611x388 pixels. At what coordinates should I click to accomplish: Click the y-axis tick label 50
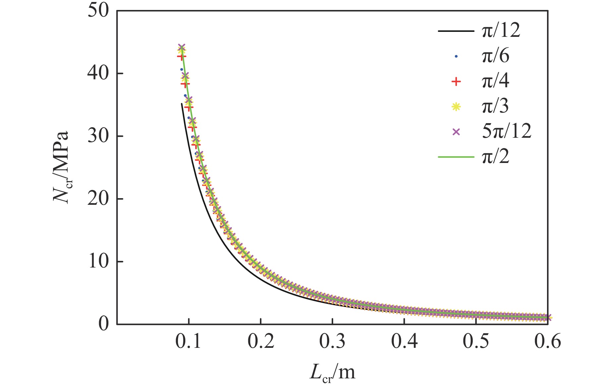[98, 11]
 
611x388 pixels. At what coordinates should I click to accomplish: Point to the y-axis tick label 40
[98, 73]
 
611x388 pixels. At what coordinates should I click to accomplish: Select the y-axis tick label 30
[98, 136]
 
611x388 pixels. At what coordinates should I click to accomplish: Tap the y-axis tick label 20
[98, 199]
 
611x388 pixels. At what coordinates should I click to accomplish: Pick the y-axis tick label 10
[98, 262]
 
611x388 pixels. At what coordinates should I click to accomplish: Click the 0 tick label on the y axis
[103, 324]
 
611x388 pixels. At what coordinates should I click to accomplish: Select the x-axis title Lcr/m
[333, 373]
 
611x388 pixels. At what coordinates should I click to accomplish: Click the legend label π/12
[501, 31]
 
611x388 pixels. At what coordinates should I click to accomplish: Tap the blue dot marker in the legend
[456, 56]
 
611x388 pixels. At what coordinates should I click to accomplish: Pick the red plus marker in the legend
[456, 82]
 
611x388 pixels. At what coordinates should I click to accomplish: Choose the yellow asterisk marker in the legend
[456, 107]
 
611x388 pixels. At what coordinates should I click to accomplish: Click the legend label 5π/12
[507, 131]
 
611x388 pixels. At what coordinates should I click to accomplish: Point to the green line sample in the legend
[456, 157]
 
